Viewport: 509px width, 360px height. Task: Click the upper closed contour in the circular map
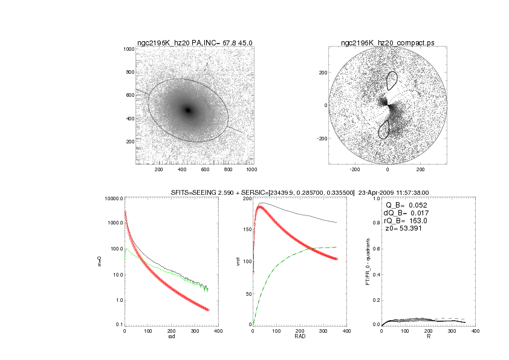coord(392,80)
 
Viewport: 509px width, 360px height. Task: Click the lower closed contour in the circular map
coord(383,129)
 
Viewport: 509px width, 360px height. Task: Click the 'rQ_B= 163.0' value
coord(406,221)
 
